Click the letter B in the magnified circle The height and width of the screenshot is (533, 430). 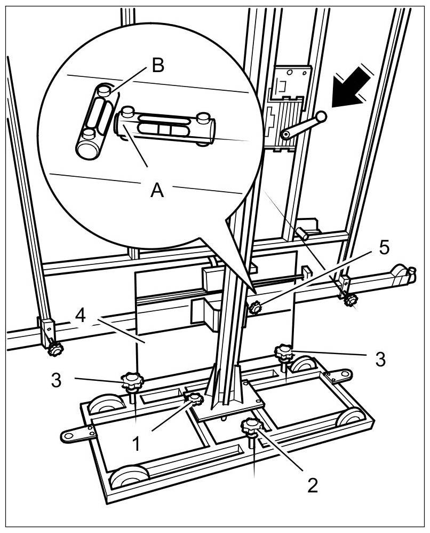click(x=158, y=66)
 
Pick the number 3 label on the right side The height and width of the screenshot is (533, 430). click(x=380, y=359)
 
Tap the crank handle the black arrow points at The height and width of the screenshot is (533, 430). click(x=302, y=126)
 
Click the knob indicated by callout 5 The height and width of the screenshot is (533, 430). click(x=256, y=308)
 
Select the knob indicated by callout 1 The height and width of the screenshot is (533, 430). click(x=194, y=398)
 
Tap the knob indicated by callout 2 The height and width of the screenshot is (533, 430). click(x=250, y=426)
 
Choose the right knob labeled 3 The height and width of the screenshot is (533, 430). click(x=283, y=351)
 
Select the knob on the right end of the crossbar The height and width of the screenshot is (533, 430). click(x=351, y=300)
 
